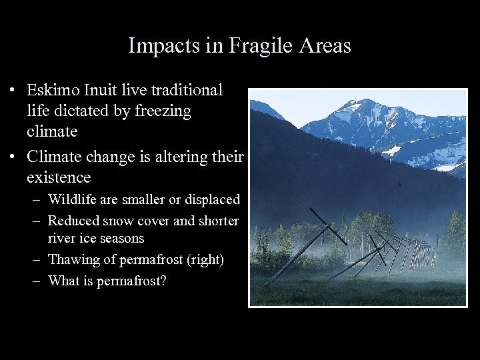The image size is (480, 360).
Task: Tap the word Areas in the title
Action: pyautogui.click(x=325, y=46)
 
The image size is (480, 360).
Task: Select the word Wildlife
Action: pyautogui.click(x=75, y=200)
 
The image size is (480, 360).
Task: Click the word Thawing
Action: pyautogui.click(x=74, y=260)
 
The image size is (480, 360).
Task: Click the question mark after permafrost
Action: pyautogui.click(x=163, y=281)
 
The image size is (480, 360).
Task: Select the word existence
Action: pyautogui.click(x=59, y=177)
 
